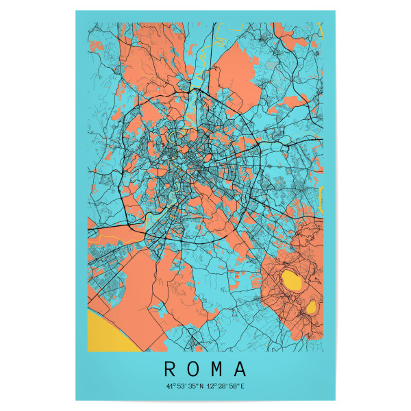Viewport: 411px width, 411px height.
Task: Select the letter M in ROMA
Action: pos(216,369)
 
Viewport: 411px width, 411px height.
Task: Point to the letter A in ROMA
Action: pos(240,369)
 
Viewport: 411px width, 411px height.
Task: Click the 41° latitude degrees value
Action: pos(170,386)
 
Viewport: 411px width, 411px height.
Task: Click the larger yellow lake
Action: pos(292,279)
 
